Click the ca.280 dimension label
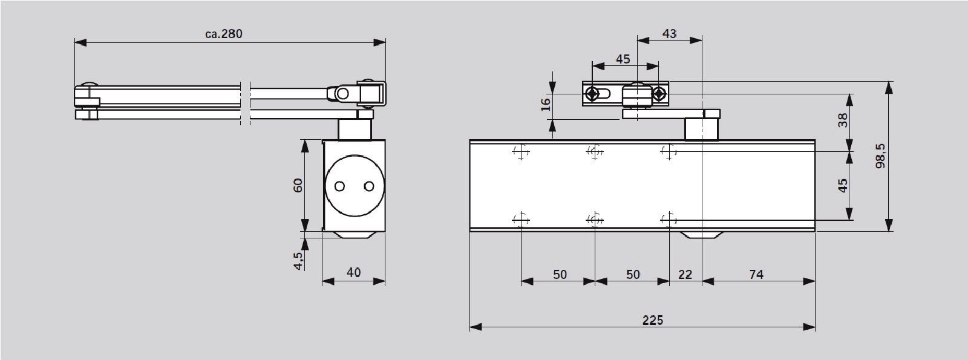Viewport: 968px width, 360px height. point(223,34)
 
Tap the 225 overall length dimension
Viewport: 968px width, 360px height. point(652,320)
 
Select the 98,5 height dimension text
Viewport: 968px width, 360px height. point(880,156)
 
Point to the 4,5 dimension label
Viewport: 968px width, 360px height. point(298,261)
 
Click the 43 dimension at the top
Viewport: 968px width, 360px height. point(669,34)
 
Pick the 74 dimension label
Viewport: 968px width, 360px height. point(756,275)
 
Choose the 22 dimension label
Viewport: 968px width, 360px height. point(685,275)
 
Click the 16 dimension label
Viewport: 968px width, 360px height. point(546,105)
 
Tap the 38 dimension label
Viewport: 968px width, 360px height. point(843,120)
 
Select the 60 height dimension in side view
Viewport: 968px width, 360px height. point(298,185)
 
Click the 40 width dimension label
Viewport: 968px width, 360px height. point(353,273)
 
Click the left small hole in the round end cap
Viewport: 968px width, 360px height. point(339,186)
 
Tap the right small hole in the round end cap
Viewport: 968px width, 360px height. point(368,186)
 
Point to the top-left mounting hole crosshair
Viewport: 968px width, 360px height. point(521,152)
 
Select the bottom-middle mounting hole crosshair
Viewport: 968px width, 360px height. point(595,220)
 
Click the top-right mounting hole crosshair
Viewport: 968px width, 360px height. point(669,152)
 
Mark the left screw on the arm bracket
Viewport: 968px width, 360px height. point(592,93)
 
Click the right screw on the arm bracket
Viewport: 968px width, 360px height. point(659,93)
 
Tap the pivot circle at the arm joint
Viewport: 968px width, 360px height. point(342,94)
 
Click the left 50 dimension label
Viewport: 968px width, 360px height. point(560,275)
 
